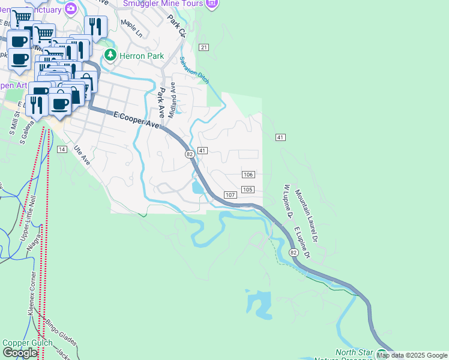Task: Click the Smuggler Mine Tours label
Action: click(163, 4)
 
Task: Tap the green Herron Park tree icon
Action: click(110, 55)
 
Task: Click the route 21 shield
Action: click(204, 47)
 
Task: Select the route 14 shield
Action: click(62, 149)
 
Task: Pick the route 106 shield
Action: click(249, 174)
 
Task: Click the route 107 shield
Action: click(230, 195)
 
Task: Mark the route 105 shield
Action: click(247, 190)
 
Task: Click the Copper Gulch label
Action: click(24, 343)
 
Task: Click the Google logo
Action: click(20, 353)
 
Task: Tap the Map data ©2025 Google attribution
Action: click(412, 355)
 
